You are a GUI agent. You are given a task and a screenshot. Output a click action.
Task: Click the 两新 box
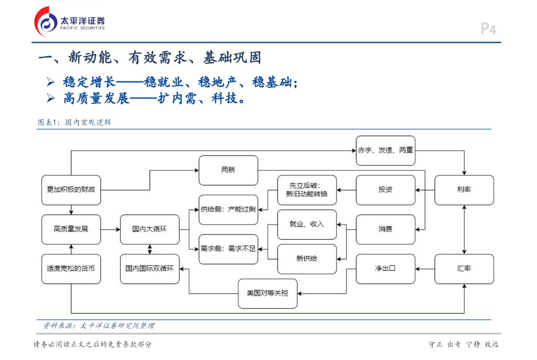229,171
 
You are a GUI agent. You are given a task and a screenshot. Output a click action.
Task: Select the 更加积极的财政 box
71,190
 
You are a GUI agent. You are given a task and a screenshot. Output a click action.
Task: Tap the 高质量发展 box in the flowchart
71,229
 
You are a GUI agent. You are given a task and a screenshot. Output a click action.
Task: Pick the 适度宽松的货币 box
71,269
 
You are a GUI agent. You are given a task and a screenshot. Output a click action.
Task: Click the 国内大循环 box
149,229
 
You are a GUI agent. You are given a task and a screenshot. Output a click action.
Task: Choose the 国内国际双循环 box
149,269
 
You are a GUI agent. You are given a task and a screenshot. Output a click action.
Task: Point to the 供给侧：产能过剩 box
229,210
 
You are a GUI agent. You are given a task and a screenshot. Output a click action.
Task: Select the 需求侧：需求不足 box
229,249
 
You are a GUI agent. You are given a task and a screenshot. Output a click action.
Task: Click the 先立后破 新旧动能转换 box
307,190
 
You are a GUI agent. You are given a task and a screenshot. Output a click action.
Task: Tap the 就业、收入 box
307,225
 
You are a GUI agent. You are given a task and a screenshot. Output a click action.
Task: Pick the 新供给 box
307,259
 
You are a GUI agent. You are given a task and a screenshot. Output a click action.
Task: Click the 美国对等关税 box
268,293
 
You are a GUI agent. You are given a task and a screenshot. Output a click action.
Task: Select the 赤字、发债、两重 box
385,151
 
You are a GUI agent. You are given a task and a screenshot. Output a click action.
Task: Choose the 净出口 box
385,269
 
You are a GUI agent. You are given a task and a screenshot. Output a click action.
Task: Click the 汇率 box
464,269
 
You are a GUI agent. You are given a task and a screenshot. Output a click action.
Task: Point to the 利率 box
464,190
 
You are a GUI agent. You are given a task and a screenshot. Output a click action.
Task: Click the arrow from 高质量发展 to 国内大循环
111,229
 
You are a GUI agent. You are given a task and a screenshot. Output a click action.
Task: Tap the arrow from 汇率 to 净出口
425,269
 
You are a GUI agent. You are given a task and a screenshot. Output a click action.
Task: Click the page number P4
488,29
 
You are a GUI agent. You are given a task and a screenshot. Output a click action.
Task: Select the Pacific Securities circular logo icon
46,22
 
